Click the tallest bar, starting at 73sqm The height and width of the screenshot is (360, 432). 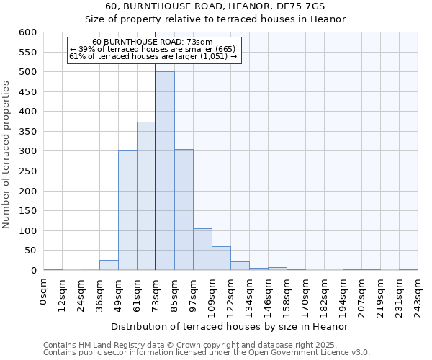click(165, 171)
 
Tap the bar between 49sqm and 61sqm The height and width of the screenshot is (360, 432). click(127, 210)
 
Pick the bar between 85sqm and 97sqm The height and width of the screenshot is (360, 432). click(184, 210)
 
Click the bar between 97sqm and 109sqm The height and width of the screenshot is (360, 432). click(202, 249)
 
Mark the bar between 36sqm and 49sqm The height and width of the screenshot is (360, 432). click(109, 265)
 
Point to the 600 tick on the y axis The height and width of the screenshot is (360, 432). click(27, 32)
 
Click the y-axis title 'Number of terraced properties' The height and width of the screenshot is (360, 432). click(7, 155)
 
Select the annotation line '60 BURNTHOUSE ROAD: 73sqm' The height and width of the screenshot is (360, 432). click(153, 42)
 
